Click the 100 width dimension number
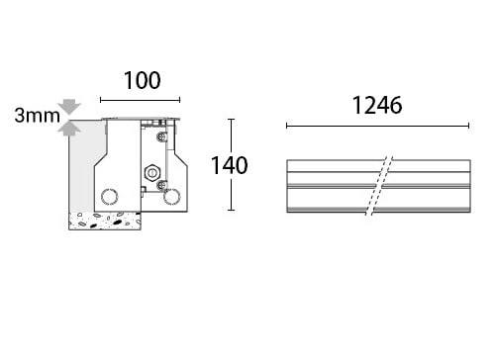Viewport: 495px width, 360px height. click(143, 80)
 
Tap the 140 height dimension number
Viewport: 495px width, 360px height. click(230, 165)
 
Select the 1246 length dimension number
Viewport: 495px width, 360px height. click(377, 106)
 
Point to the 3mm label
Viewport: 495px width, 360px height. click(38, 116)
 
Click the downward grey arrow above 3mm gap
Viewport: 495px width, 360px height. click(69, 107)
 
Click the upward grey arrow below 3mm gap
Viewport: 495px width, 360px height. click(69, 129)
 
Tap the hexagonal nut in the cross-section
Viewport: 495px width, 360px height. click(152, 172)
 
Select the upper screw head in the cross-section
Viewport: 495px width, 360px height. click(161, 136)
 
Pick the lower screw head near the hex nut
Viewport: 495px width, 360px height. click(161, 186)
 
